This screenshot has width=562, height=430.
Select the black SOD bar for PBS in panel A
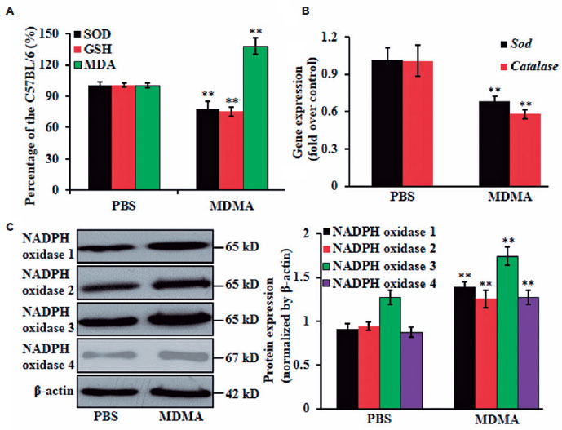(100, 137)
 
